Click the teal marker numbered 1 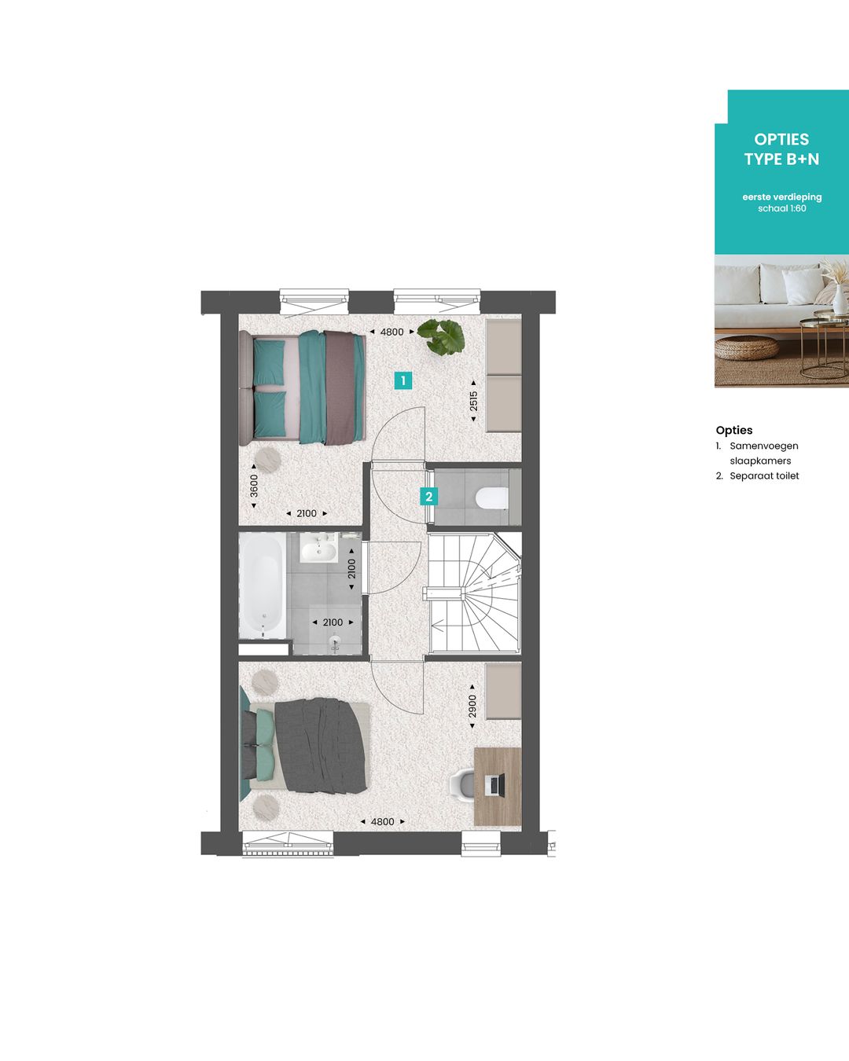(403, 381)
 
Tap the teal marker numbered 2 (428, 497)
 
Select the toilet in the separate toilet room (493, 497)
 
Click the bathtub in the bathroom (262, 585)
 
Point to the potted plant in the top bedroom (441, 336)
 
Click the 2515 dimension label (473, 402)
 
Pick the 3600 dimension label (253, 486)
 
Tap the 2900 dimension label (472, 706)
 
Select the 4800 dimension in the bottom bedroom (382, 821)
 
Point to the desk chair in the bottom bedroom (463, 784)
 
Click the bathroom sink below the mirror (318, 549)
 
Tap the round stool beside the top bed (268, 458)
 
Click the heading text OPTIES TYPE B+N (781, 149)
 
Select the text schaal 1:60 (781, 209)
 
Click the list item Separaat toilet (763, 476)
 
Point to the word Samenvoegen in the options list (763, 446)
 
